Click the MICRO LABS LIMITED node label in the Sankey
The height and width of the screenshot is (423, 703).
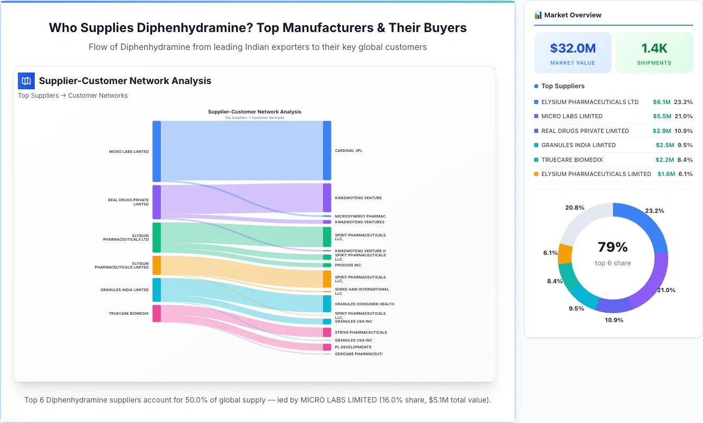point(128,152)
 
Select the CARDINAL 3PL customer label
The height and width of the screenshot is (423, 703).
point(348,151)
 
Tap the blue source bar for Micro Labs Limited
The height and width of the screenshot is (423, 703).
point(156,151)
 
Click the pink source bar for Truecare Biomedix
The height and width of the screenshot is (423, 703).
point(156,313)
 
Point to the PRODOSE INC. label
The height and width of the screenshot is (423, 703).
point(348,265)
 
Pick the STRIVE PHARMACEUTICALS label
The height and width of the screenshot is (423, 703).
point(360,333)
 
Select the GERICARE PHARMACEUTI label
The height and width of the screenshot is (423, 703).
point(358,354)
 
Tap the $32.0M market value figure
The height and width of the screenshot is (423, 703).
point(573,48)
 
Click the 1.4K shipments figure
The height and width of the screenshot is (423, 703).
point(654,48)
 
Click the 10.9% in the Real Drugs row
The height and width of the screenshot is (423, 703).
point(685,131)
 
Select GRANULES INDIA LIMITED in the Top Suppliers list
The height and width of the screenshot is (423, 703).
point(578,145)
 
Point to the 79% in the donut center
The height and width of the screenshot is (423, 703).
point(612,247)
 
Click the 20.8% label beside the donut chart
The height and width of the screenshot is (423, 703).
point(575,208)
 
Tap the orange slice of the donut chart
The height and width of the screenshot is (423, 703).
point(565,254)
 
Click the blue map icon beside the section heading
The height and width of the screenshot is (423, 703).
point(26,81)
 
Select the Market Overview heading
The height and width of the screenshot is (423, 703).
point(573,15)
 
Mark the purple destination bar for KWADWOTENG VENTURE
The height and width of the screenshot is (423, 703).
point(327,198)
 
